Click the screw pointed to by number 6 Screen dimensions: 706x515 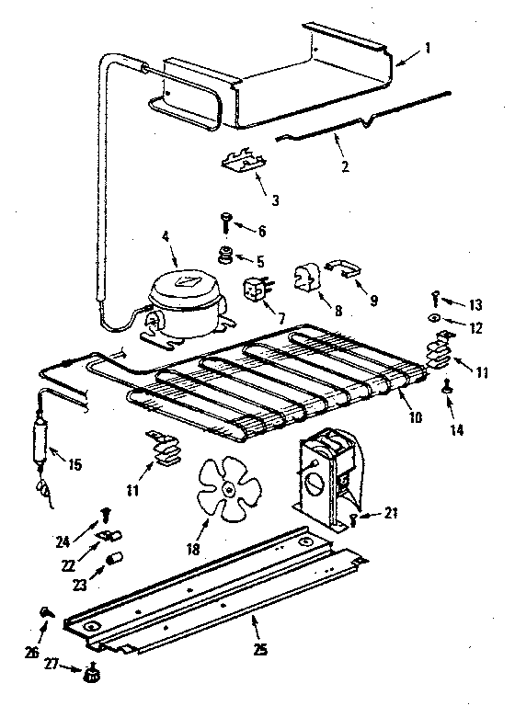[225, 221]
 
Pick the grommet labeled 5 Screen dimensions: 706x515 [223, 255]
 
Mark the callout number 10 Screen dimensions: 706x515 [415, 416]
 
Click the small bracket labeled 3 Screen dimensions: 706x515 [241, 162]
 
